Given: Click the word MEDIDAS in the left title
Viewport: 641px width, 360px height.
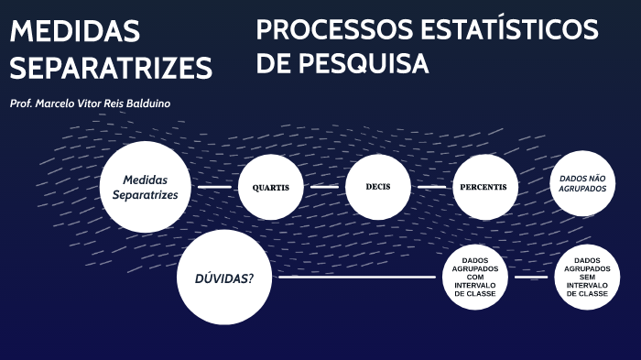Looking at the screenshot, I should click(75, 32).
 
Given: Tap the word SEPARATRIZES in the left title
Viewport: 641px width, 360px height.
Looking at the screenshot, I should click(111, 67).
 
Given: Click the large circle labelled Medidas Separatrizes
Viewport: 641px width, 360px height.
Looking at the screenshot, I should click(145, 187).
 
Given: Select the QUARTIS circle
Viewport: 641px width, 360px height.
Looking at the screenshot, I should click(270, 187).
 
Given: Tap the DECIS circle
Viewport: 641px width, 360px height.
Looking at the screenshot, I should click(378, 186).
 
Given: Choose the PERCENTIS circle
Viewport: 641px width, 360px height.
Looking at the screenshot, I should click(485, 187).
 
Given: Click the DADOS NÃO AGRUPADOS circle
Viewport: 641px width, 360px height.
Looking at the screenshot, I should click(583, 183).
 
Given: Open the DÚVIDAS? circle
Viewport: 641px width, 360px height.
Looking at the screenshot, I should click(224, 278).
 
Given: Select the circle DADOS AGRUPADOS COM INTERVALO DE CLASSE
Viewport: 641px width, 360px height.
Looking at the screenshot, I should click(474, 277).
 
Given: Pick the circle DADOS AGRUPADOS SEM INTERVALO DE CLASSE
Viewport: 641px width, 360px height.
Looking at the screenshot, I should click(587, 277).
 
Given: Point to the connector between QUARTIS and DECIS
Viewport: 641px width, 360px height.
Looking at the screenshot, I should click(324, 187).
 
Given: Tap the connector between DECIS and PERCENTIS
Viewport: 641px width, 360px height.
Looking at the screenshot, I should click(431, 187).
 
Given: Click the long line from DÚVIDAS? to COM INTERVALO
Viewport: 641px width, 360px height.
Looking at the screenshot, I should click(357, 277).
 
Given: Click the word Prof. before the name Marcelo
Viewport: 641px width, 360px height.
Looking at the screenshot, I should click(22, 104).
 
